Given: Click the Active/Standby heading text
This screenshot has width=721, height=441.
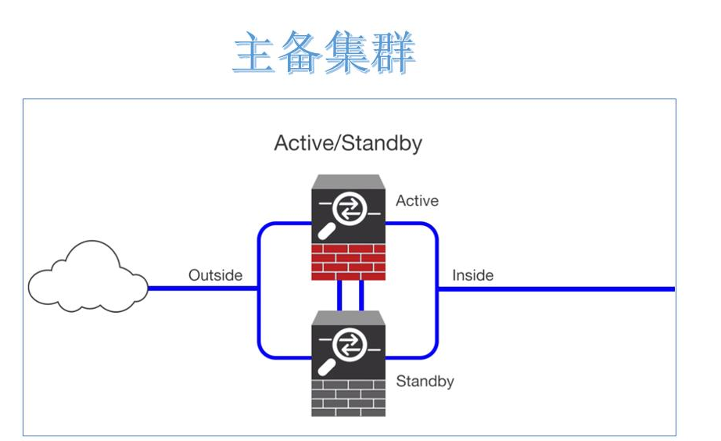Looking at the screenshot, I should [348, 143].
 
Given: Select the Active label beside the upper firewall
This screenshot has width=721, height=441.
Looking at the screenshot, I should [417, 201].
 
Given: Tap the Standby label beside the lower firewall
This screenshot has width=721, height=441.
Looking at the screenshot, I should [425, 382].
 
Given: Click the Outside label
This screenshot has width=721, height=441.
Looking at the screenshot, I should [215, 275].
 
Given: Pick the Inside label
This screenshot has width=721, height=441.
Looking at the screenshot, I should [472, 275].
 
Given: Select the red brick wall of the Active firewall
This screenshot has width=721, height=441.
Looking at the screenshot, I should [348, 261].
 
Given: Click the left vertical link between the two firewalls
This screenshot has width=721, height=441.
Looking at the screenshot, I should [340, 295].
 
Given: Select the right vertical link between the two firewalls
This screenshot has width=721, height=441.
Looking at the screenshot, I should [360, 295].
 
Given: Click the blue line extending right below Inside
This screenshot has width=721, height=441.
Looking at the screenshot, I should [563, 289].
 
